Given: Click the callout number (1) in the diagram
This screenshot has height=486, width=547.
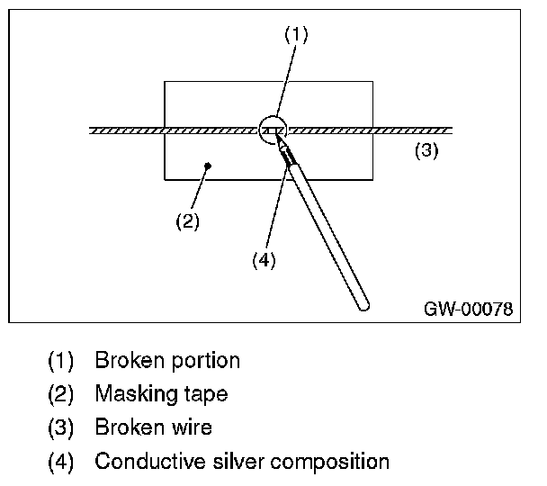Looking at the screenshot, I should click(297, 34).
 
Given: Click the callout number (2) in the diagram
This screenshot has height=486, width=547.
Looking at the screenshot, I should click(186, 220).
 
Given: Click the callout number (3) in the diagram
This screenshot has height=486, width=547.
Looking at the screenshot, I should click(426, 150).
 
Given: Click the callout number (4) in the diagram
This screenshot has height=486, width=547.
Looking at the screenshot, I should click(263, 260).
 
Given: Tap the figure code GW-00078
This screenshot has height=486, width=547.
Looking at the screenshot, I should click(468, 309).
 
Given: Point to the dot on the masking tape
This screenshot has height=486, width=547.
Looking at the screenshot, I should click(208, 165).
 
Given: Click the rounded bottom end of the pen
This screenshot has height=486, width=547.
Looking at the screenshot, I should click(363, 305).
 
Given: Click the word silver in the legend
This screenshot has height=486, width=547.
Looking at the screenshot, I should click(228, 462).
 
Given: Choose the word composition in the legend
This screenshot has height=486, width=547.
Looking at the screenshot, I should click(326, 463).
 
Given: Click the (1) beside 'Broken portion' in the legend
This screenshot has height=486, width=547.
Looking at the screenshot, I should click(61, 362).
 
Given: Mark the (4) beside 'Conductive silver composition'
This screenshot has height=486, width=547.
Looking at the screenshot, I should click(61, 463).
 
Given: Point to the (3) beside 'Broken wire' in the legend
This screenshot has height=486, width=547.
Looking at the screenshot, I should click(61, 428).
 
